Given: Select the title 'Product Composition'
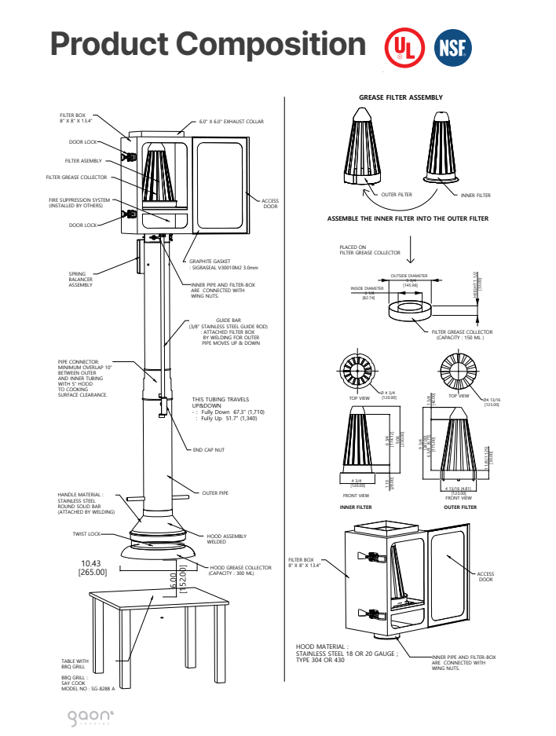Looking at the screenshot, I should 208,44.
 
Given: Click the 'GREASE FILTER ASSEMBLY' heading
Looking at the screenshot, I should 401,97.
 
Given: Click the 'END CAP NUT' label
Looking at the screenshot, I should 209,450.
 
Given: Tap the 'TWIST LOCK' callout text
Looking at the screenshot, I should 86,533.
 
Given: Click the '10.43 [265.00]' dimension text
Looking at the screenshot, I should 94,568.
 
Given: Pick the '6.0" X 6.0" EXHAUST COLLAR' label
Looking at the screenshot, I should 231,122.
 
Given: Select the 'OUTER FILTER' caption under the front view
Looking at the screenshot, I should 460,507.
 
